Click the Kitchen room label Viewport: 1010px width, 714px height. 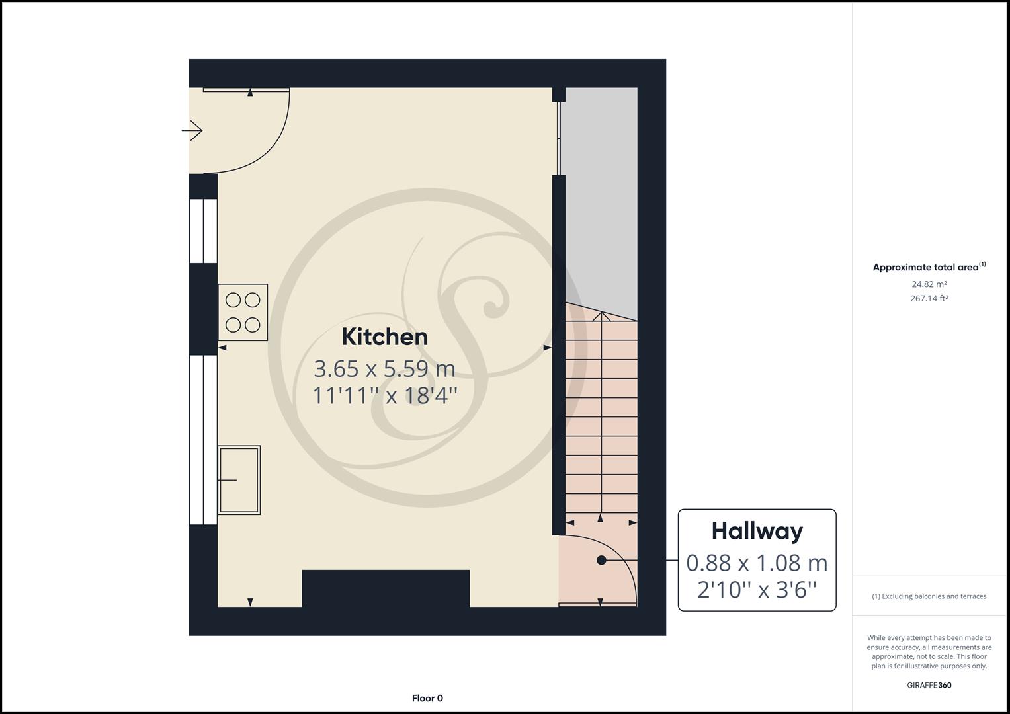pos(384,337)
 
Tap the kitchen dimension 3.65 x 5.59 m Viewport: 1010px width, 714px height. pos(384,368)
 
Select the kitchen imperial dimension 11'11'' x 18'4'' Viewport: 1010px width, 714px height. pos(384,395)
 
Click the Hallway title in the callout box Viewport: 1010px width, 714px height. pos(757,531)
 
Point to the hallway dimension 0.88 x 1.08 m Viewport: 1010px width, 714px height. pos(757,563)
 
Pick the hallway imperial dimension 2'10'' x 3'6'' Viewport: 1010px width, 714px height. pos(757,589)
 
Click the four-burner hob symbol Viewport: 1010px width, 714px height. pos(243,312)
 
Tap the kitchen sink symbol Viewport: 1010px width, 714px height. pos(239,480)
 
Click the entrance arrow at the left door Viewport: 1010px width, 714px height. pos(192,131)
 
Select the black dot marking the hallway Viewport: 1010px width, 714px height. pos(601,560)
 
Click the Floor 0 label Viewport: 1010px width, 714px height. pos(427,698)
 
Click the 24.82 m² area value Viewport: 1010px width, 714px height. pos(929,284)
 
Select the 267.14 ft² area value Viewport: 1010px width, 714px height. pos(929,298)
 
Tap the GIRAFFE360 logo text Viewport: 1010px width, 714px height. pos(929,685)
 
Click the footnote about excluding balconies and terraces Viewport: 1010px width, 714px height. pos(929,596)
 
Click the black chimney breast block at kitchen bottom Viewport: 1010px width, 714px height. pos(386,588)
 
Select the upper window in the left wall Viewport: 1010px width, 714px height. pos(203,231)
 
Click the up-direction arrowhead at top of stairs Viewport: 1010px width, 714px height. pos(601,317)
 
